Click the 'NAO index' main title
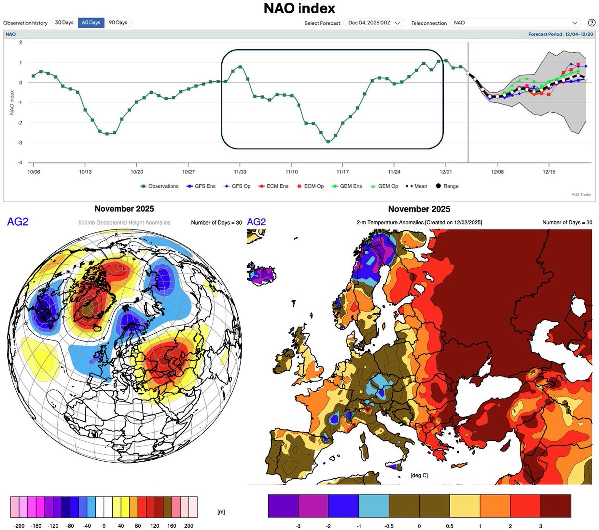[299, 8]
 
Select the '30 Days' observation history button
[64, 23]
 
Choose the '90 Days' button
[118, 23]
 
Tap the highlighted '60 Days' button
[91, 23]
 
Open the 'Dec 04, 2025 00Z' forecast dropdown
[376, 23]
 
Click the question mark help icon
[591, 23]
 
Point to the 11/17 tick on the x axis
[342, 172]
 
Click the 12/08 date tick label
[497, 172]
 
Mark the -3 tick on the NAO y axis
[20, 143]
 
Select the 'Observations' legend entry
[160, 186]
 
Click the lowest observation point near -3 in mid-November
[328, 142]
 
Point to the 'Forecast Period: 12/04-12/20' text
[561, 34]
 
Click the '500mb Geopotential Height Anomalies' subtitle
[124, 223]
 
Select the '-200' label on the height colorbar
[19, 526]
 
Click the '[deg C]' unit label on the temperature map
[419, 475]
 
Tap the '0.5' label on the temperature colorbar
[450, 526]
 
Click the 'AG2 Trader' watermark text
[581, 194]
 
